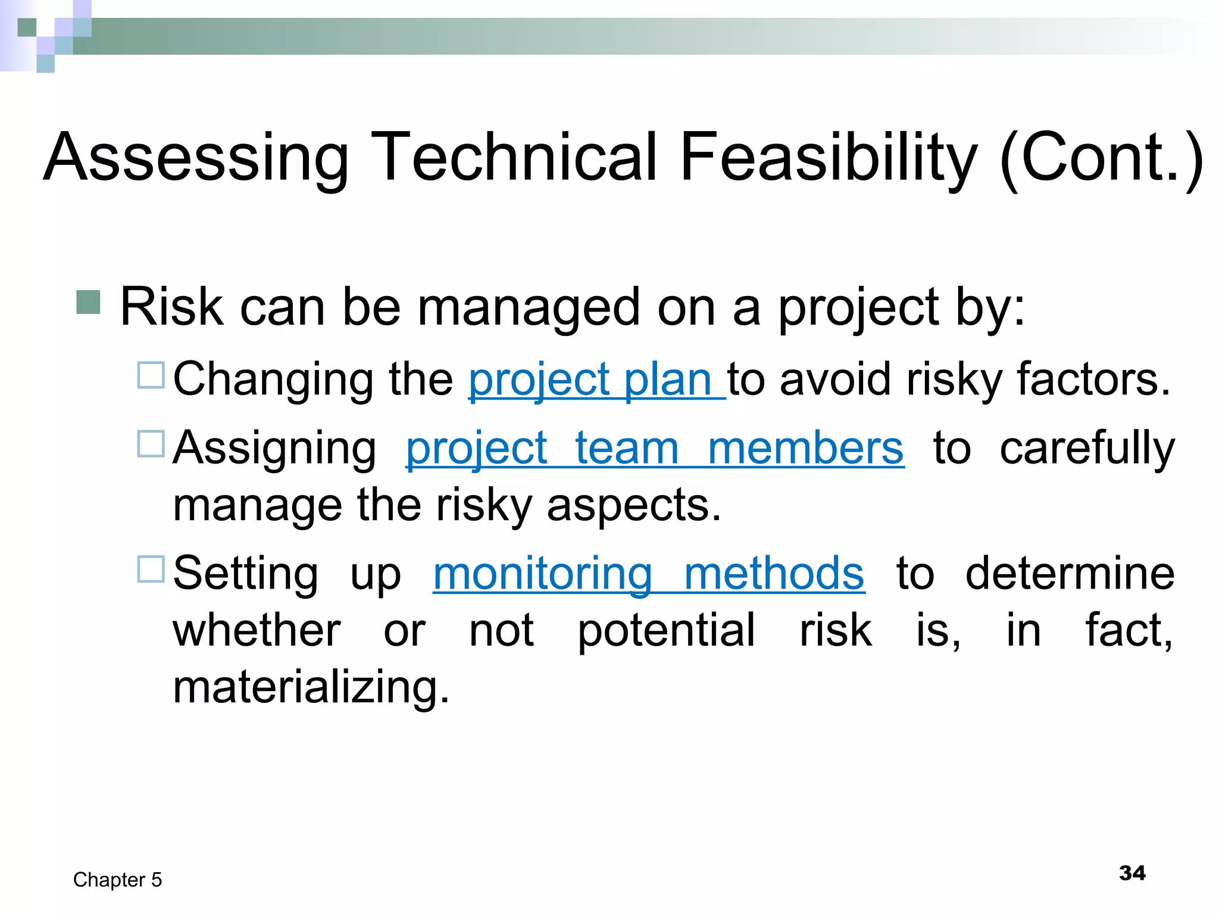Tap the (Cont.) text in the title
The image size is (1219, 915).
1101,157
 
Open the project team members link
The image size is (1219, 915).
655,448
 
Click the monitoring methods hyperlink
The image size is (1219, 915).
649,574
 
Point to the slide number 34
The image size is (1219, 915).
1132,873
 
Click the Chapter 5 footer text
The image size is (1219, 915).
117,880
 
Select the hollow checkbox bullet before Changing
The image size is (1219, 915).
151,375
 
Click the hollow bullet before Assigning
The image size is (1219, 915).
151,444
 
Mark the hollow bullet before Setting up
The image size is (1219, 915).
151,569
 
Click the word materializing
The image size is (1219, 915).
311,687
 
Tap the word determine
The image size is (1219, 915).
1070,574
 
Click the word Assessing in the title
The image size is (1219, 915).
196,157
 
